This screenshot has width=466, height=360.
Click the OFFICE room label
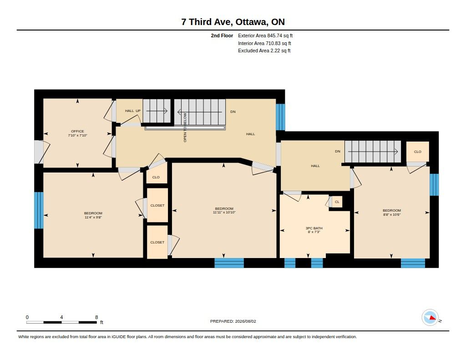click(77, 131)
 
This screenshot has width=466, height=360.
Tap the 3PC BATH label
click(314, 228)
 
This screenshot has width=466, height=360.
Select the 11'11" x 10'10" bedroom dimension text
click(224, 213)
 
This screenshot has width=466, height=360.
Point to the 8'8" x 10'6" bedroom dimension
click(392, 214)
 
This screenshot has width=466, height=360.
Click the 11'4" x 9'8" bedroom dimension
click(93, 217)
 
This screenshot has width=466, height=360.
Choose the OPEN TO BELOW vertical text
click(185, 127)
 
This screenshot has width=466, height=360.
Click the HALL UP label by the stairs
click(132, 111)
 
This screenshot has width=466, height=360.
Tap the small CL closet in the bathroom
click(337, 202)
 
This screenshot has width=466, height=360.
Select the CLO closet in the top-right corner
click(418, 152)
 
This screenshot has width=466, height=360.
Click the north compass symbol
click(430, 318)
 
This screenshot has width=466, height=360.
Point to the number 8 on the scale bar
click(96, 317)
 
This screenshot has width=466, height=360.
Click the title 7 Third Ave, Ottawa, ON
click(233, 22)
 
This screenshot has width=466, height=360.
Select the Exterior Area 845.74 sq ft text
click(265, 35)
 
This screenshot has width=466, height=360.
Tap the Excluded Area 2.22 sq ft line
click(264, 51)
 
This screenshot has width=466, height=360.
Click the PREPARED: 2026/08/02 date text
click(233, 321)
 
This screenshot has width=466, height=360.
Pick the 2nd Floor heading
click(222, 35)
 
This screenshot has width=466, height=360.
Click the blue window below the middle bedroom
click(229, 263)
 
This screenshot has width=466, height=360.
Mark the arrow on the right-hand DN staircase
click(373, 152)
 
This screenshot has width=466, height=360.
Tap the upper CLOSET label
click(157, 205)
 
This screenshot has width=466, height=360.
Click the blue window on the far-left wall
click(39, 210)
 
